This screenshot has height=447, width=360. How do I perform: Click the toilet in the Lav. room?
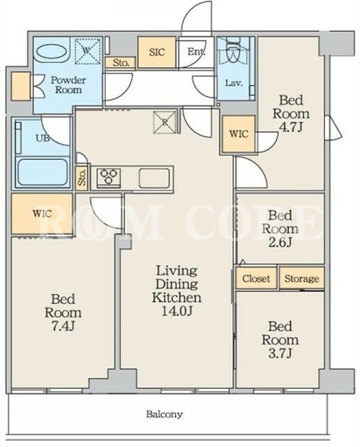[x=233, y=51]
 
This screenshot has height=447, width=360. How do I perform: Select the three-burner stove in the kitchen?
[x=109, y=177]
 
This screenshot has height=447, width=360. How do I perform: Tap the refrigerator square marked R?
[x=165, y=122]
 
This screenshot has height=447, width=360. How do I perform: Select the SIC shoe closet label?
[x=157, y=52]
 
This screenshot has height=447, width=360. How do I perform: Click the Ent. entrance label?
[x=196, y=52]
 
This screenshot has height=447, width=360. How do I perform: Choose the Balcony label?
[x=165, y=414]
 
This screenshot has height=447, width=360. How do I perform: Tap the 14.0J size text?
[x=177, y=311]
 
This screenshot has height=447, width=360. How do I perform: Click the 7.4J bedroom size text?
[x=63, y=326]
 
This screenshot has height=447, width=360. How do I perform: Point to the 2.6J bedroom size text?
[x=280, y=242]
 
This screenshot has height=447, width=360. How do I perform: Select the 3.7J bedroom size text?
[x=280, y=353]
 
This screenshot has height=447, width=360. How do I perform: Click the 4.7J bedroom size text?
[x=290, y=127]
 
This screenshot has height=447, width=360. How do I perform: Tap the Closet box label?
[x=256, y=278]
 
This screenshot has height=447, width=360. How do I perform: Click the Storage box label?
[x=302, y=279]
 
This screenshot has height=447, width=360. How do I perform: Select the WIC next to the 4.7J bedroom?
[x=239, y=134]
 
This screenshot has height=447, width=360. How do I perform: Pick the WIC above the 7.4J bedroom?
[x=42, y=213]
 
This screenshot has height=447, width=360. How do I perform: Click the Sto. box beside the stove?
[x=82, y=177]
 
